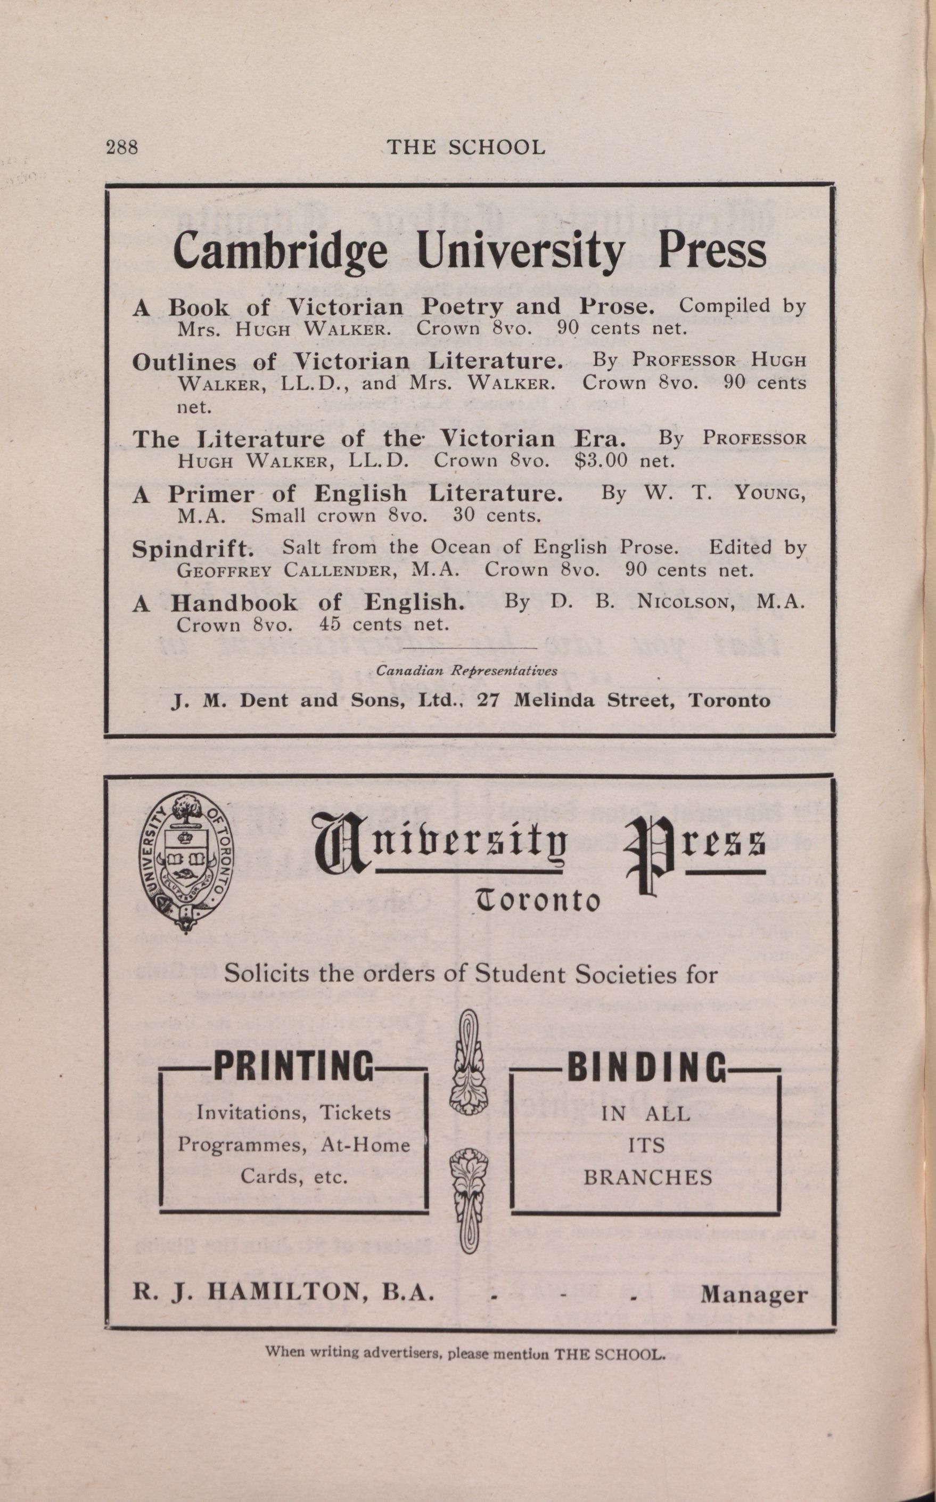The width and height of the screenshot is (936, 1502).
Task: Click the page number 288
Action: click(122, 148)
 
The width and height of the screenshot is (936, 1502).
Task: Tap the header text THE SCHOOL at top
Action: click(465, 148)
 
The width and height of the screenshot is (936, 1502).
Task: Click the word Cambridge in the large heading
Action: click(281, 251)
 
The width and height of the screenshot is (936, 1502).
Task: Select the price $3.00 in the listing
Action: click(601, 461)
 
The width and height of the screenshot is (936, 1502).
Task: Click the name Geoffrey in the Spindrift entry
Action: click(224, 570)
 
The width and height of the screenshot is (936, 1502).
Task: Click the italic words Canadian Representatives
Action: click(467, 671)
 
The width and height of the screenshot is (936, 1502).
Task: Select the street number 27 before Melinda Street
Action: click(488, 700)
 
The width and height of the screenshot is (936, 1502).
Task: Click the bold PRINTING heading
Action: click(294, 1066)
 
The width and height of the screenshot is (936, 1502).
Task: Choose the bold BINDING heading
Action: click(647, 1066)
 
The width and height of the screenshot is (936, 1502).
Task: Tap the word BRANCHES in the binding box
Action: click(648, 1177)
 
